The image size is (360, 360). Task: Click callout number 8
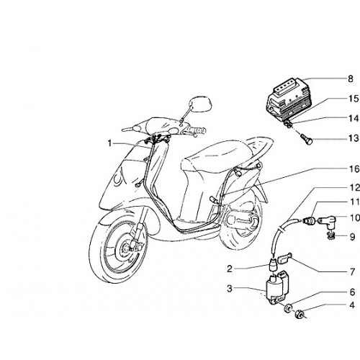[x=351, y=79]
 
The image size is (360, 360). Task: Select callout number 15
[x=354, y=99]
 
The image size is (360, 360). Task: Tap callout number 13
[x=354, y=138]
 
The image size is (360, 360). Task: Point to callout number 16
[x=354, y=169]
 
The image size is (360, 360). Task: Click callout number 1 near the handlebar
[x=109, y=143]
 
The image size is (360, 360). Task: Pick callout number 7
[x=352, y=272]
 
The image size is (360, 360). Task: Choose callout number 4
[x=352, y=305]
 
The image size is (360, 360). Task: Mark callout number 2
[x=230, y=269]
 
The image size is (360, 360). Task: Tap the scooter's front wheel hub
[x=128, y=247]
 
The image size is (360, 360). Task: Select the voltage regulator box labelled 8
[x=287, y=99]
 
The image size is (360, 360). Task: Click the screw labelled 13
[x=307, y=140]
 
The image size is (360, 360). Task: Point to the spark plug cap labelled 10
[x=327, y=220]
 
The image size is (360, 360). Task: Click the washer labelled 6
[x=287, y=308]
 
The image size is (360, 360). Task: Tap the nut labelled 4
[x=299, y=314]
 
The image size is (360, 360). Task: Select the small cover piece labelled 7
[x=285, y=259]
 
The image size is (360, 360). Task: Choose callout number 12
[x=354, y=187]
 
